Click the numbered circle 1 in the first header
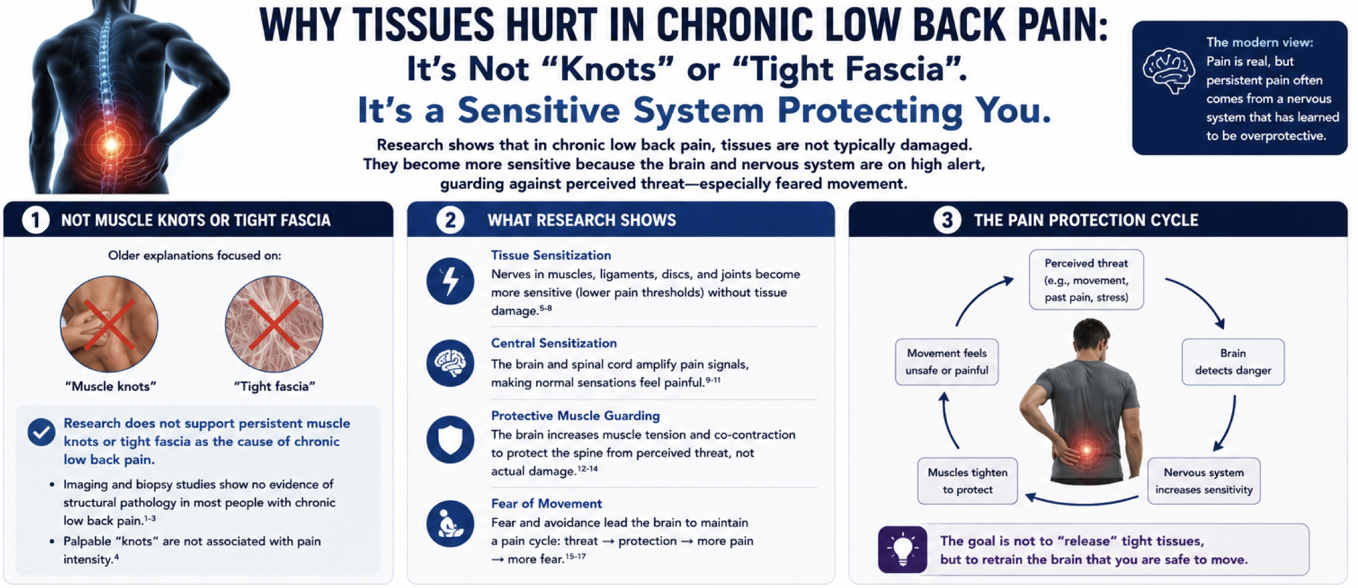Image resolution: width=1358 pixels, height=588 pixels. click(35, 220)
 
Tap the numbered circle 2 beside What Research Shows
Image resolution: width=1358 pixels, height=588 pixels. click(450, 220)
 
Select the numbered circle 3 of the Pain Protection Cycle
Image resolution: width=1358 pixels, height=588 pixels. click(946, 220)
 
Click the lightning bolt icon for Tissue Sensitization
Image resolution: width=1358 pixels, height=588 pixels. click(450, 281)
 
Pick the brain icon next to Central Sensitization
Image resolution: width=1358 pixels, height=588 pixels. click(450, 363)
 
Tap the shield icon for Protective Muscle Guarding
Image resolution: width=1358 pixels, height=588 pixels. click(450, 439)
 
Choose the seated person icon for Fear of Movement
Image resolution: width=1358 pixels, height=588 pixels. click(450, 524)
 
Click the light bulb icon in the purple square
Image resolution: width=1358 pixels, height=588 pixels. click(902, 549)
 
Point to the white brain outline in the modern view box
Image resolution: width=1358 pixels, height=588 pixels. click(1169, 71)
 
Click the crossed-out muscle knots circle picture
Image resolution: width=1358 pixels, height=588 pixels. click(109, 324)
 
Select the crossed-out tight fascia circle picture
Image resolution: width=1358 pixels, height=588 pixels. click(274, 324)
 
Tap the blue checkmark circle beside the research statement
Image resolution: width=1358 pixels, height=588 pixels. click(42, 432)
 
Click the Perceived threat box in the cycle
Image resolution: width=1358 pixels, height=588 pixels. click(1086, 280)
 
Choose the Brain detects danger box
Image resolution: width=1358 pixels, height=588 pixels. click(1233, 362)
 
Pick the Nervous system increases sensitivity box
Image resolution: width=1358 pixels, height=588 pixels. click(1204, 481)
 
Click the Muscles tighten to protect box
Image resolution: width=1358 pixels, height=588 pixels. click(967, 481)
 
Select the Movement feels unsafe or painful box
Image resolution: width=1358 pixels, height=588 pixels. click(946, 362)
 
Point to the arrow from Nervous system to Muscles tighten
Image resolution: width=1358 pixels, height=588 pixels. click(1082, 503)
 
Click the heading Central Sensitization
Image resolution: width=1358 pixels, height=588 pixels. click(554, 343)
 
